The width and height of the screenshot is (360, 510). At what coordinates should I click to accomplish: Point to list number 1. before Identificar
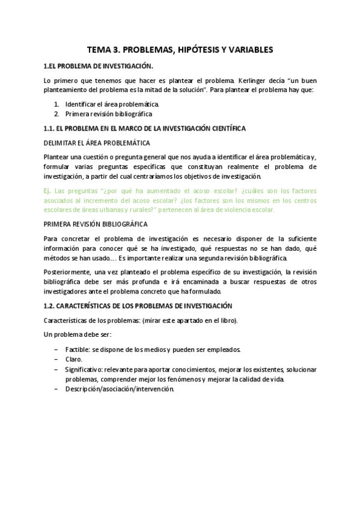pyautogui.click(x=56, y=104)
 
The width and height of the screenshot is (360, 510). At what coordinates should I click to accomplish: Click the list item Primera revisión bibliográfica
pyautogui.click(x=109, y=114)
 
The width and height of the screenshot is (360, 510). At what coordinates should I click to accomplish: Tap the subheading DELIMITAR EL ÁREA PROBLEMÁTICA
pyautogui.click(x=97, y=143)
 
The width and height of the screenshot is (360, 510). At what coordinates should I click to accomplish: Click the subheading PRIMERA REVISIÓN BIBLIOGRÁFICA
pyautogui.click(x=96, y=224)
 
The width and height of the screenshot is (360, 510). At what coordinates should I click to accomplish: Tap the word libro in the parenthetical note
pyautogui.click(x=227, y=320)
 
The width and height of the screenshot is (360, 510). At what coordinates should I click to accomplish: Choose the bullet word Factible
pyautogui.click(x=79, y=349)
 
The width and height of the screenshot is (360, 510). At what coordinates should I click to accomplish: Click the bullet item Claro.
pyautogui.click(x=75, y=359)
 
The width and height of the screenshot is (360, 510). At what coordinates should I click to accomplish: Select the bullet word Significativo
pyautogui.click(x=84, y=369)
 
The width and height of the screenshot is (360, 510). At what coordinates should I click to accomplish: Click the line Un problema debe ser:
pyautogui.click(x=78, y=334)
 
